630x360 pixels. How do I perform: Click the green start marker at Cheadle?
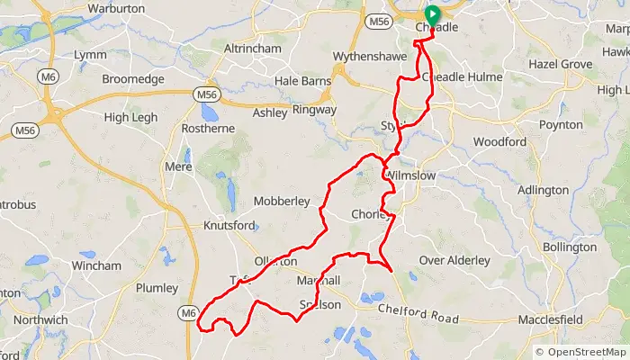coord(431,14)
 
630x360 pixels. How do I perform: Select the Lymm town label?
coord(92,55)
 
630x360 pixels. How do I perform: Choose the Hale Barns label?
coord(302,81)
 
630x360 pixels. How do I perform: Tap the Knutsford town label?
coord(229,226)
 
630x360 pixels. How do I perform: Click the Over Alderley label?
coord(455,261)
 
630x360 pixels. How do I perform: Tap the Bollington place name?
coord(570,247)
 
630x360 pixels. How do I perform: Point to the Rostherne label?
coord(208,129)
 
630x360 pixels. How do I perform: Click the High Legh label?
coord(130,118)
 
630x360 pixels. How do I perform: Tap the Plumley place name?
coord(157,288)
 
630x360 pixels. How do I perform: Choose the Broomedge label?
coord(133,79)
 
